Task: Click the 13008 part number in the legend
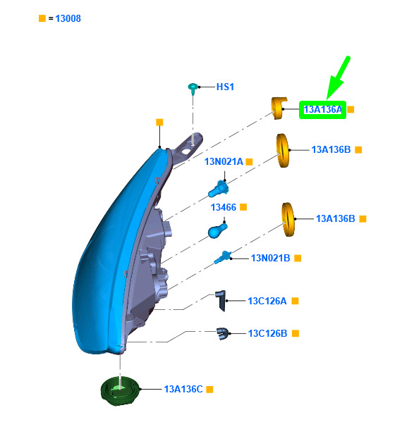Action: pos(68,18)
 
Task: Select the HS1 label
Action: pos(225,87)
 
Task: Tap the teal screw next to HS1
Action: pos(193,88)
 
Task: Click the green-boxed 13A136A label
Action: pos(323,109)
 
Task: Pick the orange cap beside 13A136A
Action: pos(279,108)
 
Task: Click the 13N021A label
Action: pos(224,161)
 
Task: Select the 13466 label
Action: pos(224,207)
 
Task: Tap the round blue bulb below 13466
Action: pos(217,230)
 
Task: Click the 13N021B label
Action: pos(270,258)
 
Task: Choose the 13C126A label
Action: pos(267,301)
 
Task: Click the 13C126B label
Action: pos(267,333)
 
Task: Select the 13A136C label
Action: pos(183,389)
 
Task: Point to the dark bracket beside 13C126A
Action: pos(221,301)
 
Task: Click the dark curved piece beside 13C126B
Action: pos(223,334)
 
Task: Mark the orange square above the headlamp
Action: pos(159,122)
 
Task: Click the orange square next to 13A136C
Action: pos(209,389)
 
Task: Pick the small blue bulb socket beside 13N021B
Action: pos(223,257)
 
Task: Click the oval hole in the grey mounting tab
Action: pos(185,151)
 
